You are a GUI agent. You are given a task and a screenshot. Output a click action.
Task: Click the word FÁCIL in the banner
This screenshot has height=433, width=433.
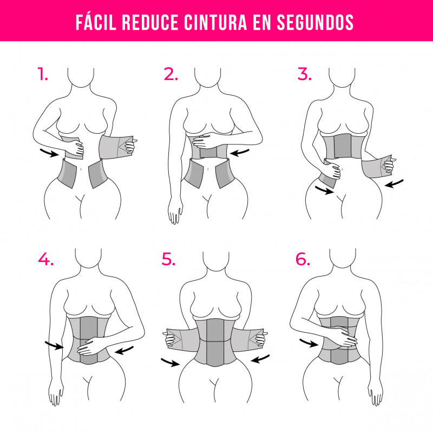pyautogui.click(x=96, y=22)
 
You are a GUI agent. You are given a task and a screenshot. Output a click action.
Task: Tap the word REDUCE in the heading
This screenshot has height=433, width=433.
pyautogui.click(x=150, y=22)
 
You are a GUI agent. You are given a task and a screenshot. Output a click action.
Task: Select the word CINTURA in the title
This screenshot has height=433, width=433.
pyautogui.click(x=215, y=22)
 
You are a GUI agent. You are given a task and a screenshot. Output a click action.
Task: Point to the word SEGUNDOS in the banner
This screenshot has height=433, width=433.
pyautogui.click(x=315, y=22)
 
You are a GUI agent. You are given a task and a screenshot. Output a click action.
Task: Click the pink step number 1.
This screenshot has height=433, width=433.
pyautogui.click(x=43, y=74)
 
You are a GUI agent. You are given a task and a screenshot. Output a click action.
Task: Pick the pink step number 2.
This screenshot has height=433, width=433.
pyautogui.click(x=170, y=74)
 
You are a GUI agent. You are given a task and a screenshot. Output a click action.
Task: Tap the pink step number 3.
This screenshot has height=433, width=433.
pyautogui.click(x=304, y=74)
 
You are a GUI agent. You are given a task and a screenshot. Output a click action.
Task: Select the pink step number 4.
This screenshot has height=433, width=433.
pyautogui.click(x=46, y=259)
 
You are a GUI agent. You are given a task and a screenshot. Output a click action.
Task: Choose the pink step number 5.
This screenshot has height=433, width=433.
pyautogui.click(x=168, y=259)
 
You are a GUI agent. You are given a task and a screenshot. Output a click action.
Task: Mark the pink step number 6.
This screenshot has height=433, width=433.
pyautogui.click(x=303, y=259)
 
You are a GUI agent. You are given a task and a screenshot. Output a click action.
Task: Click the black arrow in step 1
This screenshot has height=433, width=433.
pyautogui.click(x=49, y=153)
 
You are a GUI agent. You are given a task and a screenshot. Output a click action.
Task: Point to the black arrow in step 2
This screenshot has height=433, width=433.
pyautogui.click(x=239, y=153)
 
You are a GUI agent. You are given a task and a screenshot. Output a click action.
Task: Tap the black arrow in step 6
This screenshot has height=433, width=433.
pyautogui.click(x=309, y=343)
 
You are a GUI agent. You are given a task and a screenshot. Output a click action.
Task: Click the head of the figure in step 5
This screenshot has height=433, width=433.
pyautogui.click(x=216, y=260)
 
